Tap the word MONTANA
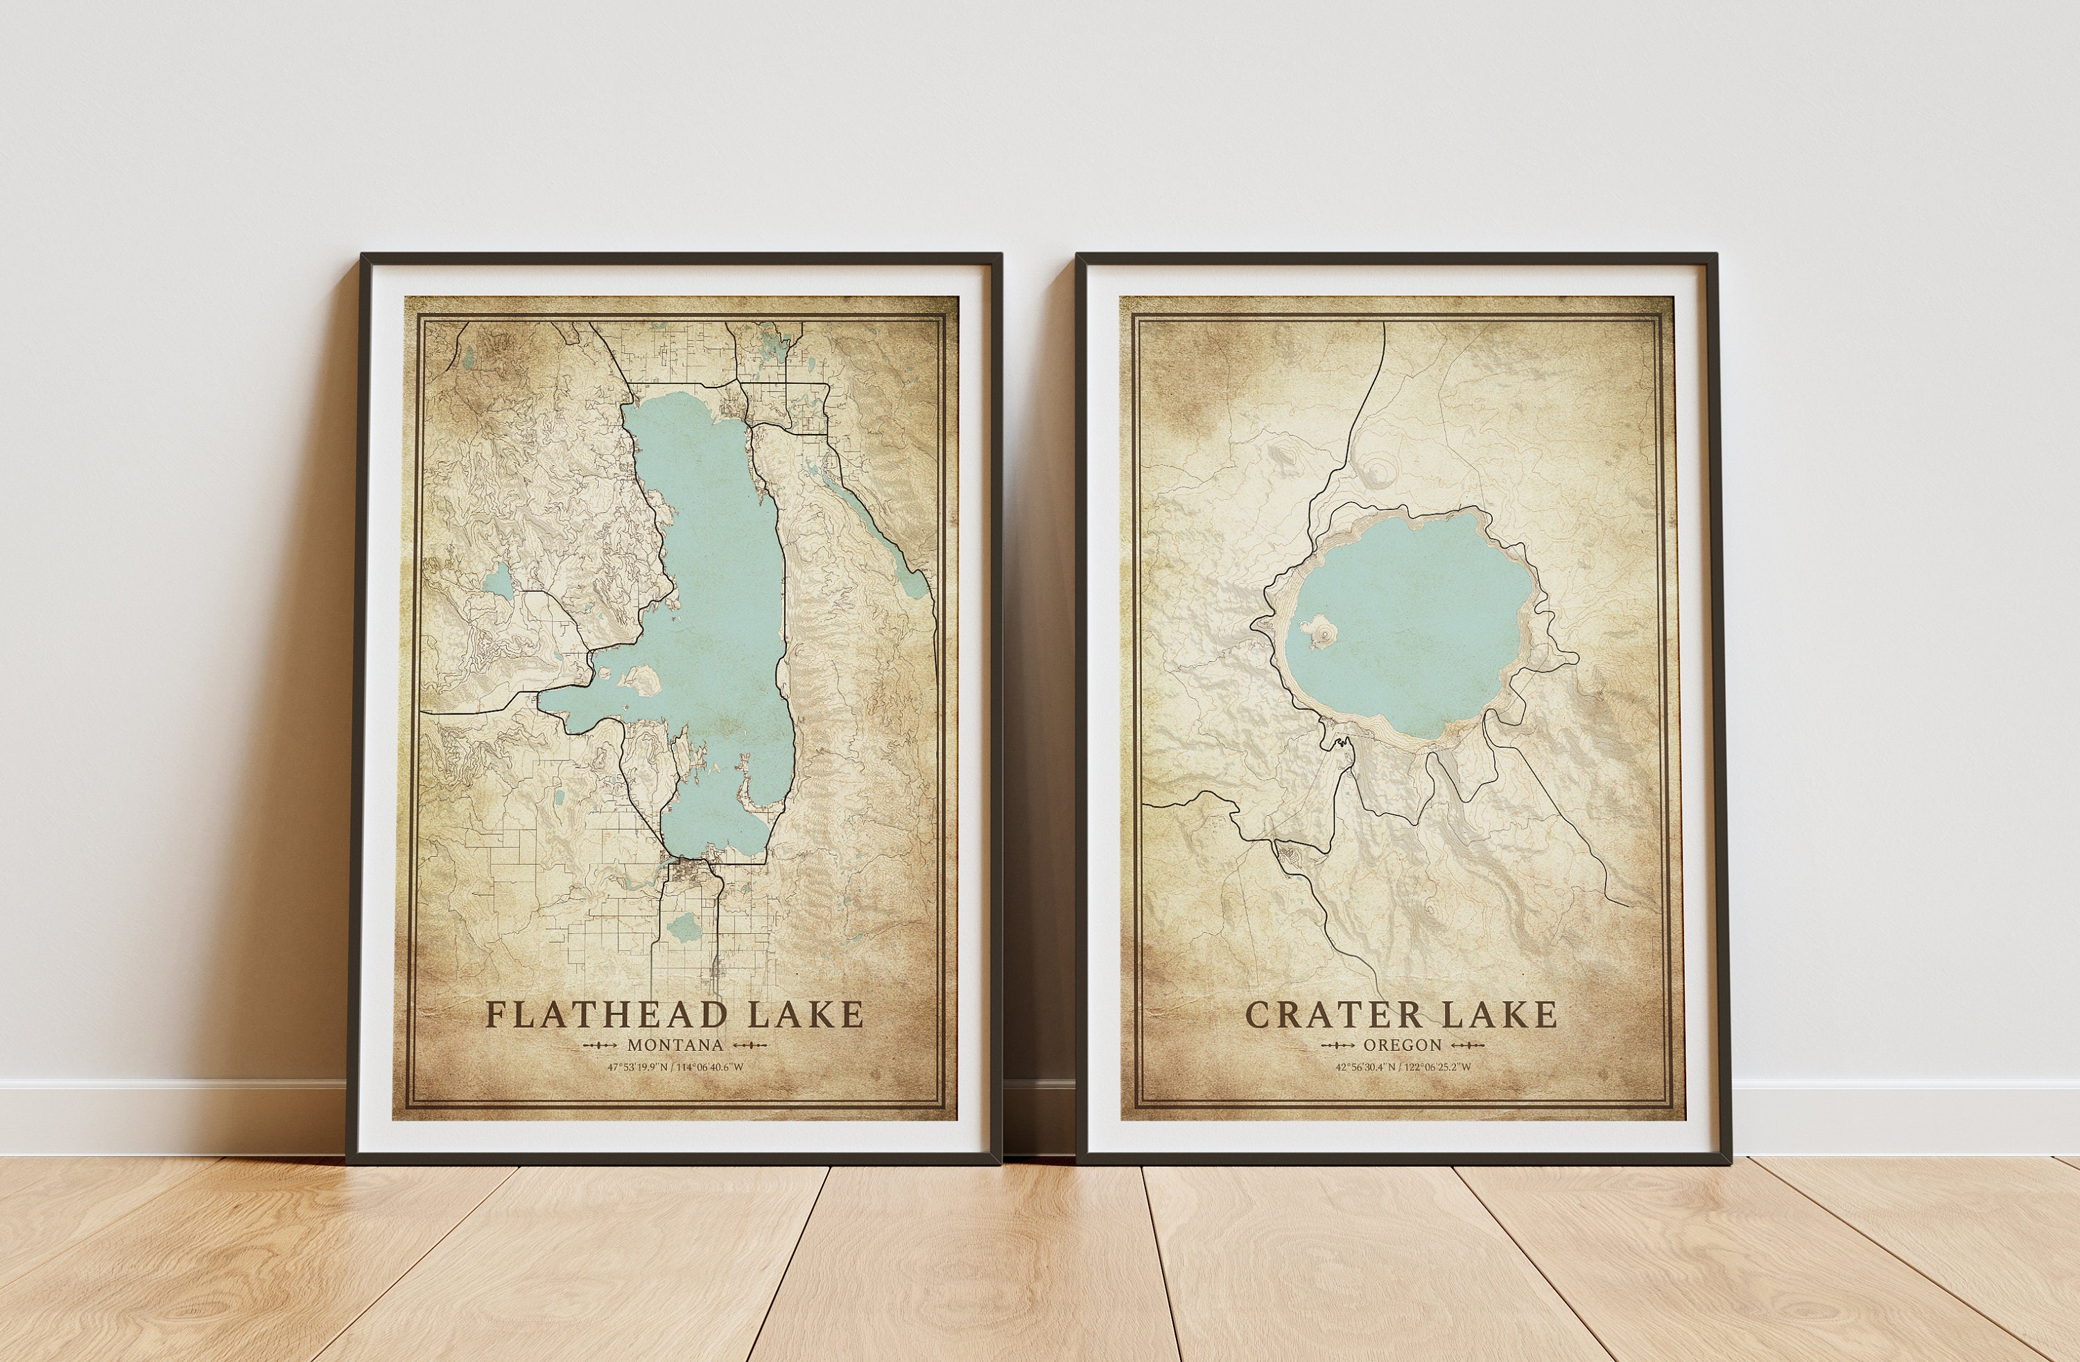coord(675,1045)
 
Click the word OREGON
coord(1402,1045)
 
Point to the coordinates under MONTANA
coord(675,1067)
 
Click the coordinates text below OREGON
coord(1402,1067)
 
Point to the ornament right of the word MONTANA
coord(750,1045)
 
